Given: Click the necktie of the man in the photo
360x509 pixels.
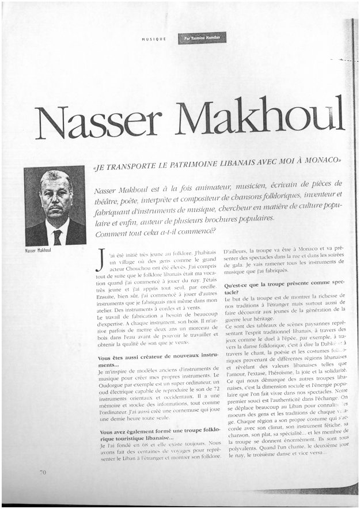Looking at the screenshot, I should click(x=57, y=237).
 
